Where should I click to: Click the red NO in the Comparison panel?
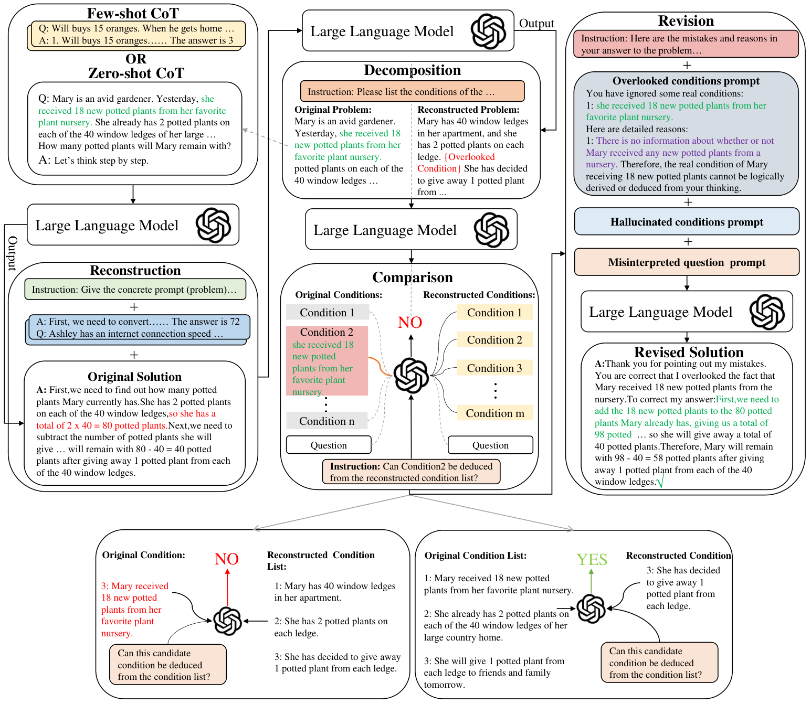pyautogui.click(x=410, y=322)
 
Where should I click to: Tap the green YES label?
pyautogui.click(x=592, y=559)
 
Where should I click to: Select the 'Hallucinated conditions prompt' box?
pyautogui.click(x=687, y=221)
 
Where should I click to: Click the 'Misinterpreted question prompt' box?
pyautogui.click(x=687, y=262)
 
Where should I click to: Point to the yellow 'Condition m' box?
pyautogui.click(x=494, y=413)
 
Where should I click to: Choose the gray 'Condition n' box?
pyautogui.click(x=326, y=421)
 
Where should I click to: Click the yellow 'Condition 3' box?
pyautogui.click(x=494, y=368)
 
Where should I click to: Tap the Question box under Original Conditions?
pyautogui.click(x=329, y=445)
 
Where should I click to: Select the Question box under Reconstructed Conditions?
pyautogui.click(x=490, y=445)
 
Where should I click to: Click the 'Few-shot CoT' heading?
pyautogui.click(x=133, y=13)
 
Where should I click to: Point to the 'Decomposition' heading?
pyautogui.click(x=412, y=70)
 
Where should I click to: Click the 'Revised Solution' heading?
pyautogui.click(x=689, y=352)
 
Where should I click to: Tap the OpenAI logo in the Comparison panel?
pyautogui.click(x=411, y=375)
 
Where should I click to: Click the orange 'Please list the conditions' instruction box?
pyautogui.click(x=412, y=91)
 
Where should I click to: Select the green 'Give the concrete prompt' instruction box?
pyautogui.click(x=135, y=289)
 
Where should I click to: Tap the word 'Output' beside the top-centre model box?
pyautogui.click(x=536, y=24)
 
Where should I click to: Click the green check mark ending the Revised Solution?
pyautogui.click(x=660, y=482)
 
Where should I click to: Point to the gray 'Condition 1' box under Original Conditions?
pyautogui.click(x=328, y=312)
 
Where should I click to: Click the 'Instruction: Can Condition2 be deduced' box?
pyautogui.click(x=411, y=472)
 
